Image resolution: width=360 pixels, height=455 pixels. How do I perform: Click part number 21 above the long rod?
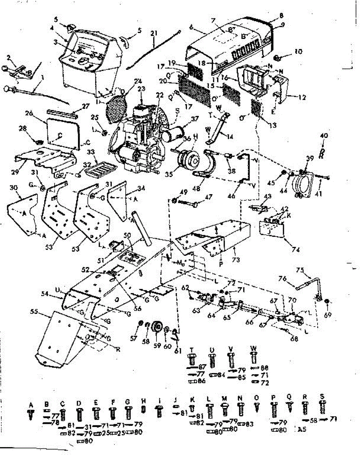point(153,33)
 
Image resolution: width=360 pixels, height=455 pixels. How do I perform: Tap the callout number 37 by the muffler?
point(195,119)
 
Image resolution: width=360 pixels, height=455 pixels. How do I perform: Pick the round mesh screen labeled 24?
point(115,107)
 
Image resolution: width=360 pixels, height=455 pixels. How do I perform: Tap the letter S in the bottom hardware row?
point(322,397)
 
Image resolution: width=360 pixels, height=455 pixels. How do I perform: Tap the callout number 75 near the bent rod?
point(300,270)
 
